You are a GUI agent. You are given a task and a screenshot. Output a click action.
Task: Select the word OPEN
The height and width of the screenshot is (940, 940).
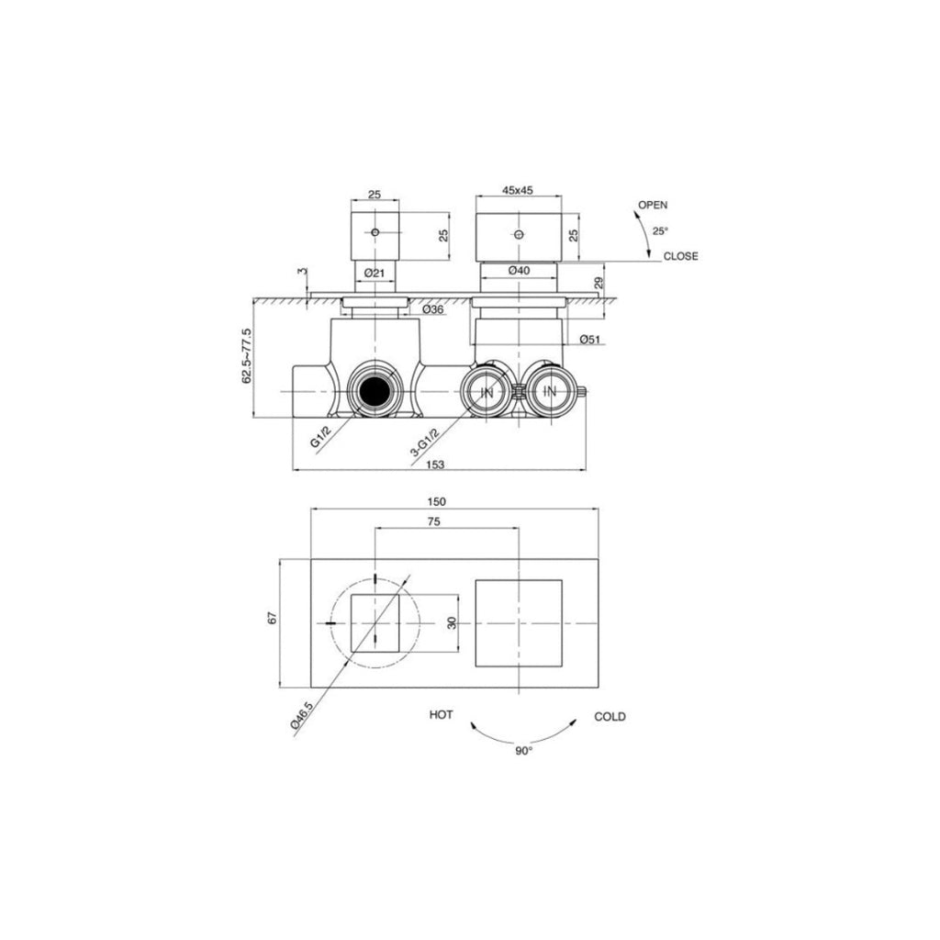coord(653,205)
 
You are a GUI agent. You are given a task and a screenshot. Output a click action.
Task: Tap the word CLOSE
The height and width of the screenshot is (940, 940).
coord(681,256)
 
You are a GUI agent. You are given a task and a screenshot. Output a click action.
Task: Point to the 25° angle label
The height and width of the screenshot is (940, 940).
coord(660,230)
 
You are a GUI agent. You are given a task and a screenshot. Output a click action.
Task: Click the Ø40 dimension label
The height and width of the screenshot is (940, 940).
coord(519,271)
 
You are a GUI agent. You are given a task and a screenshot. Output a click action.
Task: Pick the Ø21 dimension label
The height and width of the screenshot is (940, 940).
coord(374,272)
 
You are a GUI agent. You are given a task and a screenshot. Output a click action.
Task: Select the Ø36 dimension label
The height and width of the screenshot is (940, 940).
coord(433,309)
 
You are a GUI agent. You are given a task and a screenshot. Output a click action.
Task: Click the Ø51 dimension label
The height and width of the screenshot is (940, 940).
coord(589,341)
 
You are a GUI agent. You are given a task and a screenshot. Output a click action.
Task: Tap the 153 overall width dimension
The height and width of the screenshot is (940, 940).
coord(436,464)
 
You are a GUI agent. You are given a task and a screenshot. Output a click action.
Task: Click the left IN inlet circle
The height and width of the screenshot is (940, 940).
coord(487,393)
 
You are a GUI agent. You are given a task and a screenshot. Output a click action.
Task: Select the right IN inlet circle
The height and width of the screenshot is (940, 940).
coord(550,393)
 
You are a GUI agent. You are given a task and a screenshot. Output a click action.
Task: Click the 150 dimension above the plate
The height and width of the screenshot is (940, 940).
coord(437,501)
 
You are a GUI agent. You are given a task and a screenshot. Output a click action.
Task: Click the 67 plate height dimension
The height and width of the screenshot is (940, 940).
coord(273,621)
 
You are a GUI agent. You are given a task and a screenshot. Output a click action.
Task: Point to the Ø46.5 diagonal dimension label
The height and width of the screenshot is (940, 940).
coord(302,716)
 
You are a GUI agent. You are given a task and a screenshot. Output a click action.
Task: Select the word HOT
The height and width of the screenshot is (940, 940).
coord(441,715)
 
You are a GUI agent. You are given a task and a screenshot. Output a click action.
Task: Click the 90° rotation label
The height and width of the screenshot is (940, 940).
coord(523,750)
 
